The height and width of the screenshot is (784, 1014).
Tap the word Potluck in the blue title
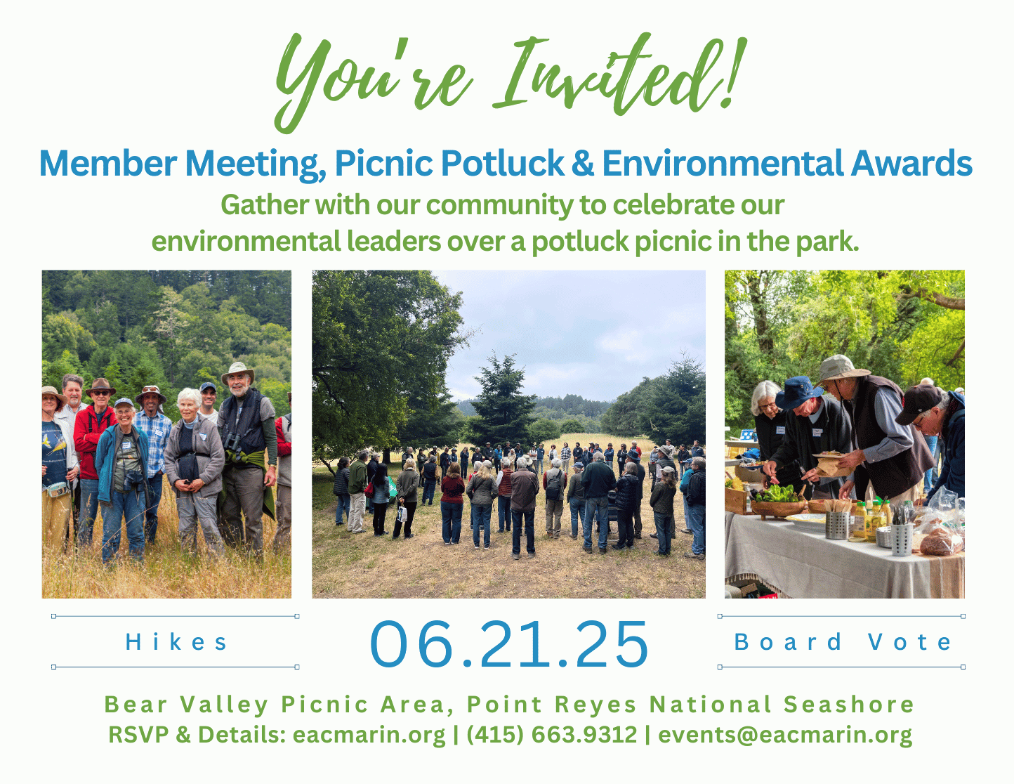coord(502,163)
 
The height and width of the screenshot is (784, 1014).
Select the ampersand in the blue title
coord(582,163)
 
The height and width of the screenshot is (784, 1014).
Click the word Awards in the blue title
coord(911,163)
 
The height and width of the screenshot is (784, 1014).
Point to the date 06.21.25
coord(508,643)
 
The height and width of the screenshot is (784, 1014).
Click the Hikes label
coord(176,641)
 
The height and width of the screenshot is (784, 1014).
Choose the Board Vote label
coord(842,641)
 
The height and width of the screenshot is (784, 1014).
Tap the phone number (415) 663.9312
coord(551,735)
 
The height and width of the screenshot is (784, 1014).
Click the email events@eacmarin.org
coord(785,735)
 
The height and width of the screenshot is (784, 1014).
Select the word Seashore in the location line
coord(849,704)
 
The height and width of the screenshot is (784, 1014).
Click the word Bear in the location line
coord(136,704)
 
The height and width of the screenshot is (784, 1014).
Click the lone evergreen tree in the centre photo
coord(501,401)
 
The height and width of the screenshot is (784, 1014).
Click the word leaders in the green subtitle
coord(394,242)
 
